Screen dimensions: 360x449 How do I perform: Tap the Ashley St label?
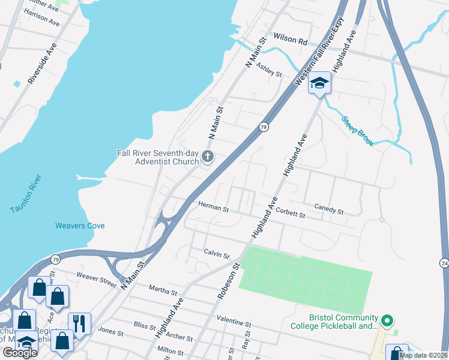pyautogui.click(x=269, y=70)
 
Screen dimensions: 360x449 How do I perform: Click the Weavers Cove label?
pyautogui.click(x=80, y=226)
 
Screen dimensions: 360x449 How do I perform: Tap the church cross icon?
pyautogui.click(x=208, y=157)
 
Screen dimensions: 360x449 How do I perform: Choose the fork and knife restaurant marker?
pyautogui.click(x=79, y=323)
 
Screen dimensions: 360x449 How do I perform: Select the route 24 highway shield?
pyautogui.click(x=444, y=263)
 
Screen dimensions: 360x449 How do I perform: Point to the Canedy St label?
pyautogui.click(x=328, y=211)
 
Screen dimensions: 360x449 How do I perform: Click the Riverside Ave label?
pyautogui.click(x=41, y=63)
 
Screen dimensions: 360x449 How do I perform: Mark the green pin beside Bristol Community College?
pyautogui.click(x=387, y=321)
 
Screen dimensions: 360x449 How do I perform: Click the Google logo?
pyautogui.click(x=20, y=353)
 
